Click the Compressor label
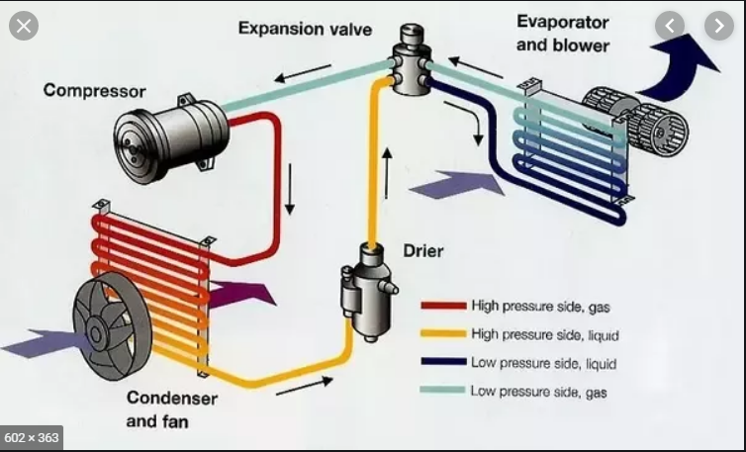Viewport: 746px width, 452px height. point(95,91)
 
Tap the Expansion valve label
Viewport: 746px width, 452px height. point(305,28)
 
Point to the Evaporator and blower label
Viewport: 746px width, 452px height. point(563,33)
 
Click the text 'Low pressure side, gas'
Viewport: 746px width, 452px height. point(538,392)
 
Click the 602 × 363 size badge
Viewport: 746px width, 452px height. point(32,436)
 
